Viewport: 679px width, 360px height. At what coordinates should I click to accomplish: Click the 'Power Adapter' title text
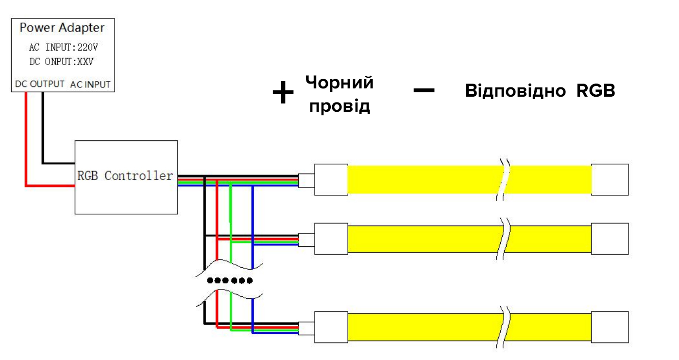pos(62,28)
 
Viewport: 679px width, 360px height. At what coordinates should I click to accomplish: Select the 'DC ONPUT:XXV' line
pos(61,62)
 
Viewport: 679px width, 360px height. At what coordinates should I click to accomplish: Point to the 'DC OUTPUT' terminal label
pos(39,84)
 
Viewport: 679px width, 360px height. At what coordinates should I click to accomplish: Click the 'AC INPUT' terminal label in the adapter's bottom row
pos(90,85)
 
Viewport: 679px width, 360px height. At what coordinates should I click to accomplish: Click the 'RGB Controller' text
pos(125,176)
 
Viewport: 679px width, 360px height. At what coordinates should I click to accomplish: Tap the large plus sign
pos(283,93)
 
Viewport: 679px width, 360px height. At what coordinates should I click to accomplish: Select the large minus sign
pos(424,90)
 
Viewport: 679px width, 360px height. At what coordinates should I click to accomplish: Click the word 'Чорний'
pos(339,83)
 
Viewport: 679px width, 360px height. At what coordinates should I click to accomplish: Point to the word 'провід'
pos(339,106)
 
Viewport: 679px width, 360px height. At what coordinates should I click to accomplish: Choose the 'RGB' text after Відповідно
pos(596,91)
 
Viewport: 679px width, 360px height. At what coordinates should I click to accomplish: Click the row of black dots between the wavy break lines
pos(230,280)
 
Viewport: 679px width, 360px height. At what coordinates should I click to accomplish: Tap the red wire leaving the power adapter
pos(26,141)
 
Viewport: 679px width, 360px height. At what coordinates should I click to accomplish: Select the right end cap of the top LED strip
pos(610,179)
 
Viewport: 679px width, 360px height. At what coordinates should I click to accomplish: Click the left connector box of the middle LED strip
pos(331,239)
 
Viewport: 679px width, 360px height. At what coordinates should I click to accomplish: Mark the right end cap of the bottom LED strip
pos(610,326)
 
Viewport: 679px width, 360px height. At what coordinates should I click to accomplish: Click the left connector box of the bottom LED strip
pos(331,326)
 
